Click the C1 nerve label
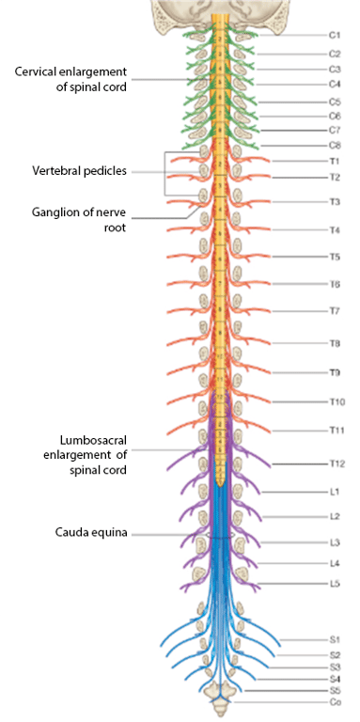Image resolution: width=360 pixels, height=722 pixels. pos(335,35)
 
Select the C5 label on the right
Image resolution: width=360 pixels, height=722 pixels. pos(335,102)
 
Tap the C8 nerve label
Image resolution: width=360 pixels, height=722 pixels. pos(335,146)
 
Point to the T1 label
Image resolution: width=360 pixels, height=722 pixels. pos(335,161)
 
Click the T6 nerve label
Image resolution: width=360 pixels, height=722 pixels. pos(335,285)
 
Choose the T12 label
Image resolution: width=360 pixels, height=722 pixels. pos(337,463)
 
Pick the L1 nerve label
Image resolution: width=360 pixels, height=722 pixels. pos(335,493)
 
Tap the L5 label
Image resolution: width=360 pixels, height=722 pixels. pos(335,584)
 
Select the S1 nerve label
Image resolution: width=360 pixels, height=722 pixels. pos(335,640)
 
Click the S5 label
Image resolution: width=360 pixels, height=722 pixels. pos(335,690)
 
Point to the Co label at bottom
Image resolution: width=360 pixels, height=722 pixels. pos(335,701)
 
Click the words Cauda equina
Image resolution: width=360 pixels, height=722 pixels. pos(91,533)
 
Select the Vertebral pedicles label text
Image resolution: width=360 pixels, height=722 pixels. pos(79,171)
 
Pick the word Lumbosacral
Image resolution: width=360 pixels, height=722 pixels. pos(93,439)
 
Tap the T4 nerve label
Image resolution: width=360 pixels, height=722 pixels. pos(335,230)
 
